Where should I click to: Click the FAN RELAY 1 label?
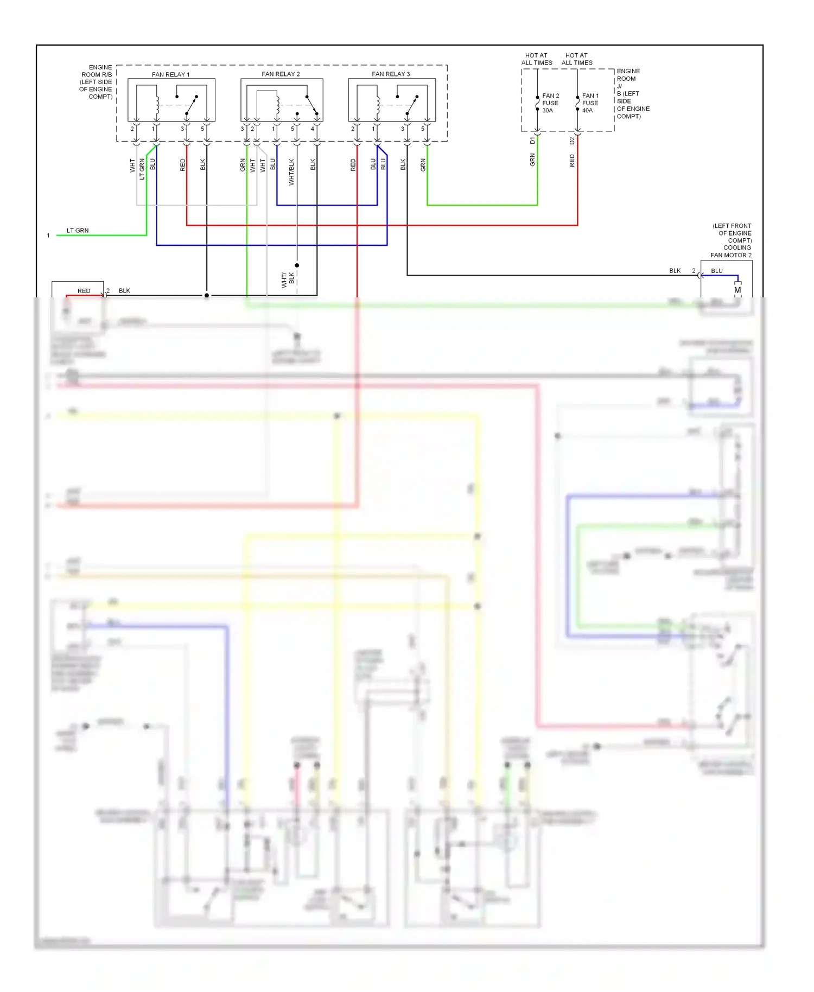click(170, 74)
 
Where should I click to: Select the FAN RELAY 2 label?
click(281, 74)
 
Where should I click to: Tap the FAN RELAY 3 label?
click(391, 74)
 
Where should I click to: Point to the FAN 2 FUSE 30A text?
click(550, 103)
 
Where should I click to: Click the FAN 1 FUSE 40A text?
click(590, 103)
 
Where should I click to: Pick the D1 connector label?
click(532, 141)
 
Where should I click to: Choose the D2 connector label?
click(572, 141)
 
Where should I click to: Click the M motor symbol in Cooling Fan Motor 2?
click(737, 290)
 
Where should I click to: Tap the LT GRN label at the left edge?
click(78, 231)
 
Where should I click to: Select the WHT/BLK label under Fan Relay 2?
click(291, 172)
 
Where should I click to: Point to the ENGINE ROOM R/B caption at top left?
click(96, 82)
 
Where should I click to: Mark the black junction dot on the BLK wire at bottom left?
click(207, 295)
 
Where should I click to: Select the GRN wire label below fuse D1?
click(532, 160)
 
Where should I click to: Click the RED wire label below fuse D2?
click(572, 160)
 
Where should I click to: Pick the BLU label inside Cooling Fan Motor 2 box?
click(717, 271)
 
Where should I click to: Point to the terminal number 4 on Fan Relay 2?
click(313, 129)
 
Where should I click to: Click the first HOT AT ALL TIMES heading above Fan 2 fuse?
click(537, 59)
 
